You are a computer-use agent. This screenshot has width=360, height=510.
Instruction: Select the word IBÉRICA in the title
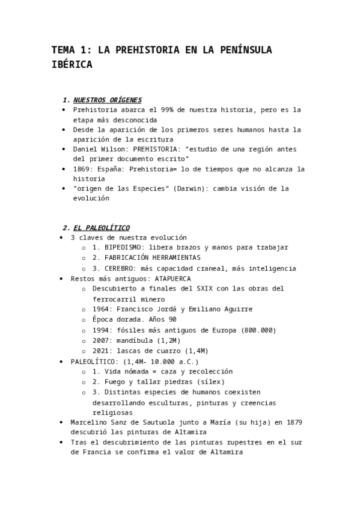72,65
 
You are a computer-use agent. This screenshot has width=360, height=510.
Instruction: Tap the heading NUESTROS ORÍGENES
108,100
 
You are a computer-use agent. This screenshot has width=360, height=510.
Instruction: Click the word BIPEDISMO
123,247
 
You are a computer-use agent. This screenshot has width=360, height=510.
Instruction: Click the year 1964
102,309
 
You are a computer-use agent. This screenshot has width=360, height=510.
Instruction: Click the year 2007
102,340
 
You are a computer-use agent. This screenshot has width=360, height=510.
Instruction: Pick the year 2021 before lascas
102,351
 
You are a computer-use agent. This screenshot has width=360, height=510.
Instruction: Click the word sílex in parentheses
210,382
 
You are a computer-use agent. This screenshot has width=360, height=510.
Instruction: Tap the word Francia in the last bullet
97,452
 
